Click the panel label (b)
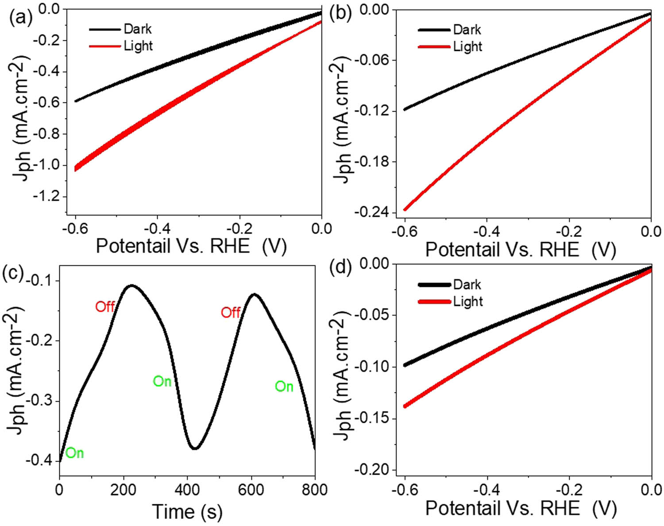click(x=340, y=14)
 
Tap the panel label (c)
click(x=13, y=273)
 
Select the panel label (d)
click(x=340, y=268)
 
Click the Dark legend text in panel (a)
click(x=138, y=29)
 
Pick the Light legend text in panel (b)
click(x=467, y=46)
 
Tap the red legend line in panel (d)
click(x=434, y=302)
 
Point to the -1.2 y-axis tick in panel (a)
click(x=46, y=196)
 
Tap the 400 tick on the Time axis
click(x=187, y=490)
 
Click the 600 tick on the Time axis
click(x=251, y=490)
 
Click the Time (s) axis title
click(x=187, y=512)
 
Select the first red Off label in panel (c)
click(x=105, y=306)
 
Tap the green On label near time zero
click(x=74, y=453)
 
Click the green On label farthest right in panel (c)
click(x=284, y=387)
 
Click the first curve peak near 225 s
click(x=131, y=286)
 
